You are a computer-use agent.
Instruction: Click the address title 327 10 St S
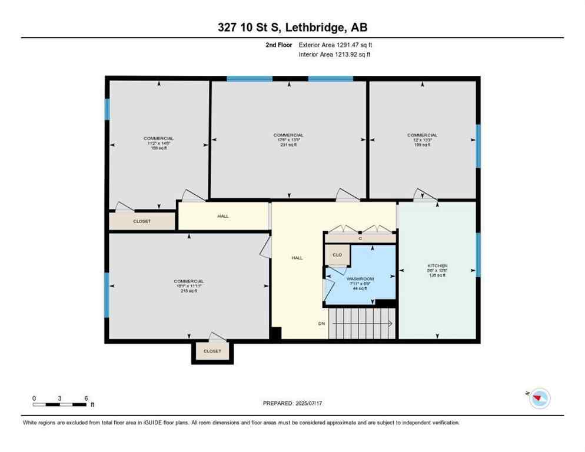292,27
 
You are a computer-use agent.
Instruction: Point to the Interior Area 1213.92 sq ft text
334,55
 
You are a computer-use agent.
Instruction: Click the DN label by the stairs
321,324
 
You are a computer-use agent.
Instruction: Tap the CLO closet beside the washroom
337,255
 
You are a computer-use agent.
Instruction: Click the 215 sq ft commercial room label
188,285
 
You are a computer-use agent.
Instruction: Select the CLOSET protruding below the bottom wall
212,351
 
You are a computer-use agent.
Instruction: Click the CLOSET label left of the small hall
142,221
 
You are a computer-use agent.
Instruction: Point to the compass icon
539,398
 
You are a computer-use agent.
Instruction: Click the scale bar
60,404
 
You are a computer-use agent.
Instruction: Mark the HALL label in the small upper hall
222,216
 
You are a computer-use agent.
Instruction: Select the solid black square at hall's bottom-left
275,333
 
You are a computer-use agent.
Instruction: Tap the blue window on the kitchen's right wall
478,254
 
